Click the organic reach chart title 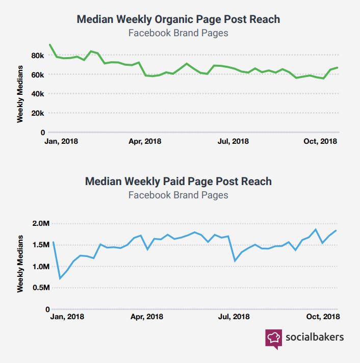[178, 19]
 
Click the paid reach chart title [178, 181]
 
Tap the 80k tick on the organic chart [38, 55]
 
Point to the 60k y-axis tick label [38, 74]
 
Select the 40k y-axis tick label [38, 94]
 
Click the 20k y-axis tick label [38, 113]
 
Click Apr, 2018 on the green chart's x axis [145, 141]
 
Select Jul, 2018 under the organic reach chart [233, 141]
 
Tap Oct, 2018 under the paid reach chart [322, 316]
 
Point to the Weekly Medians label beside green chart [20, 94]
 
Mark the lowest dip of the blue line [60, 278]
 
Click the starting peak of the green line [49, 44]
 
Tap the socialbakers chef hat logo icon [273, 338]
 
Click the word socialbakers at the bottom [314, 337]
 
